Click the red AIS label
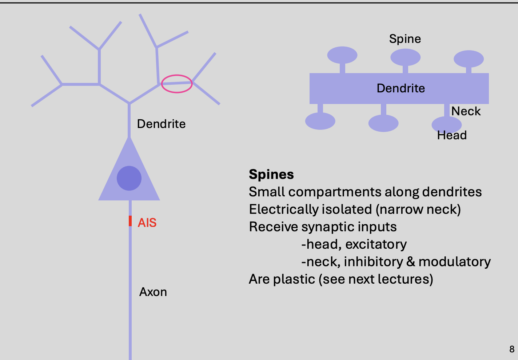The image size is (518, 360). coord(147,223)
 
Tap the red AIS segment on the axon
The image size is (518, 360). coord(130,221)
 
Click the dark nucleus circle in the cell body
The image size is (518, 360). coord(129,178)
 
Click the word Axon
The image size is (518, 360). coord(153,292)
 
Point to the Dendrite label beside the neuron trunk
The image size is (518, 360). coord(161,124)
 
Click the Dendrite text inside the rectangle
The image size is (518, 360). coord(401,88)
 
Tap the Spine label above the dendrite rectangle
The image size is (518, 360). coord(405,39)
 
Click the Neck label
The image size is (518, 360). coord(466,111)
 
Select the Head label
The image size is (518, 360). coord(452,135)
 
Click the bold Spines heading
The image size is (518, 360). coord(271,175)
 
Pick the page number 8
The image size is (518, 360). coord(512,349)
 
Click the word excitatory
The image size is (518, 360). coord(376,244)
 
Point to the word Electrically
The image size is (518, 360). coord(279,209)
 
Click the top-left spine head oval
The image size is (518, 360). coord(342,55)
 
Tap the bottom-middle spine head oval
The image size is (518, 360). coord(383,123)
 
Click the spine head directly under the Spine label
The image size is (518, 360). coord(405,57)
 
